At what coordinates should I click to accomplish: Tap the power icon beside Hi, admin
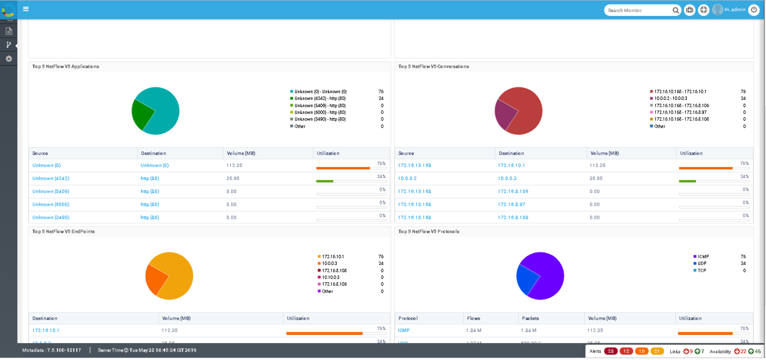(x=754, y=9)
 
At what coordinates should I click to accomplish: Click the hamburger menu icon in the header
(x=25, y=9)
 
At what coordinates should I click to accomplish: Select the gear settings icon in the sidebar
(x=8, y=59)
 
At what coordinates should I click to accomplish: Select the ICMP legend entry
(x=703, y=257)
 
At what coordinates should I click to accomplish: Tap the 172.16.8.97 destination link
(x=511, y=204)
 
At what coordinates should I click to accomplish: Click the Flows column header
(x=473, y=318)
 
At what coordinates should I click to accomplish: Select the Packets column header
(x=531, y=318)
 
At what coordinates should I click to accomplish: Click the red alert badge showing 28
(x=610, y=352)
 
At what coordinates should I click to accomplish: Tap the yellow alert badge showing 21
(x=657, y=352)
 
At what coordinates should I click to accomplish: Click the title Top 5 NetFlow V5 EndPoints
(x=63, y=231)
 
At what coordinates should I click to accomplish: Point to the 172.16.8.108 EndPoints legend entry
(x=334, y=270)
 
